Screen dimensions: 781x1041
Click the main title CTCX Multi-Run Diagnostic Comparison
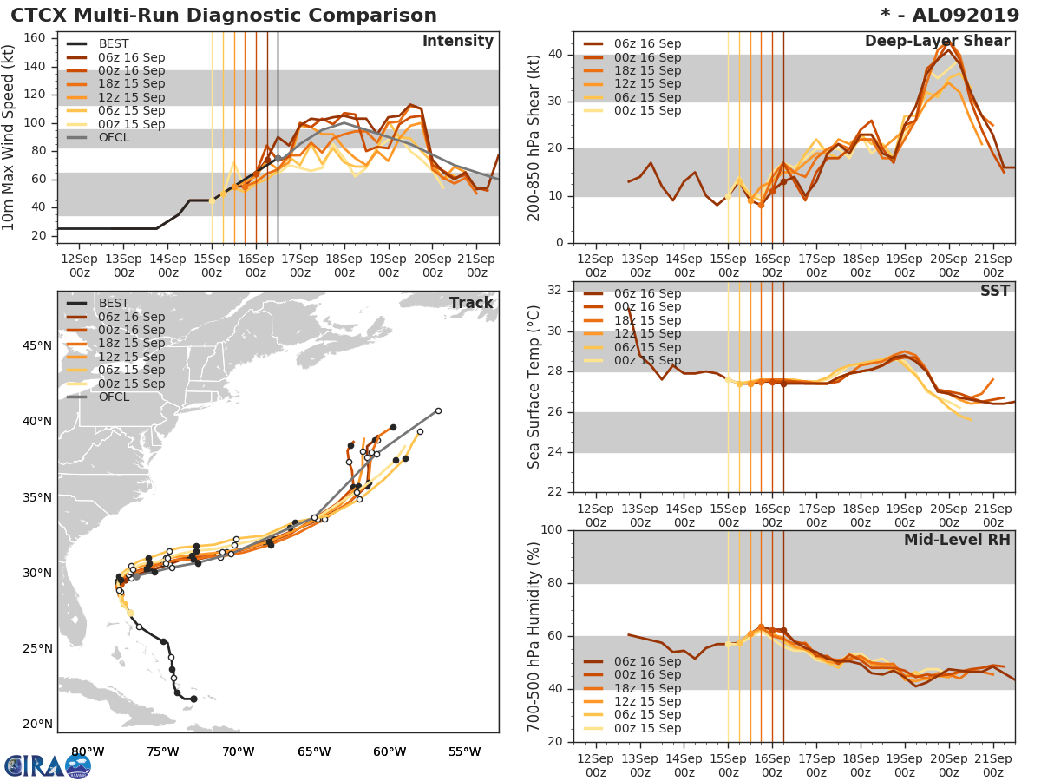pyautogui.click(x=224, y=16)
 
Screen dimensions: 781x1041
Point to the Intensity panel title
pyautogui.click(x=457, y=42)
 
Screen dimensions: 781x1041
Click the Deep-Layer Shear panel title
pyautogui.click(x=937, y=42)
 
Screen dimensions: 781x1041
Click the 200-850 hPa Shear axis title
pyautogui.click(x=535, y=136)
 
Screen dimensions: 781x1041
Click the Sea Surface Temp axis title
pyautogui.click(x=535, y=387)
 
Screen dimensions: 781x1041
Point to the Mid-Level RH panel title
pyautogui.click(x=957, y=540)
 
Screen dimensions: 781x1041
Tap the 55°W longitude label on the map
pyautogui.click(x=464, y=751)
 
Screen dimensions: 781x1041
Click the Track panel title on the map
pyautogui.click(x=471, y=303)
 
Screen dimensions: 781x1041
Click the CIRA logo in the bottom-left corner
pyautogui.click(x=48, y=765)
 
